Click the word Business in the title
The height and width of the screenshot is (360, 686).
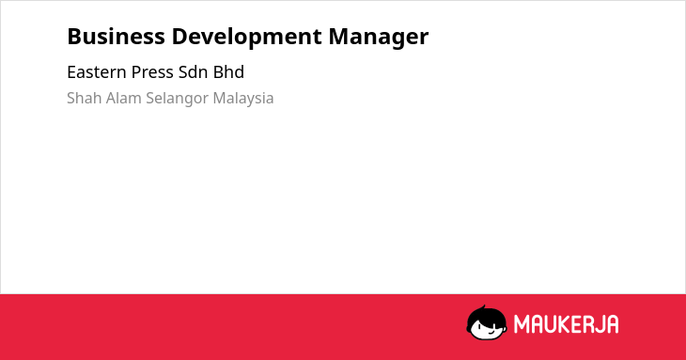pos(116,37)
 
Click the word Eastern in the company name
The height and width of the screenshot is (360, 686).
pos(96,72)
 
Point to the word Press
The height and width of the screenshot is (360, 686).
pos(152,72)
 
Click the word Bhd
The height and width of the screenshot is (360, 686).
pos(228,72)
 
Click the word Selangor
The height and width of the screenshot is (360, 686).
pos(178,99)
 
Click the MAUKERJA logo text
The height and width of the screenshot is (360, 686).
pos(566,324)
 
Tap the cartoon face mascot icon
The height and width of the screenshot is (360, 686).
pos(487,323)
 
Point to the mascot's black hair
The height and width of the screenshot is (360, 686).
pos(486,316)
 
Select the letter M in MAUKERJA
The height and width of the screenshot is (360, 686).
pos(522,324)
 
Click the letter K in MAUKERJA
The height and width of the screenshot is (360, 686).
pos(565,324)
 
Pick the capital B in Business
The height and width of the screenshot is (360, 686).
pos(74,37)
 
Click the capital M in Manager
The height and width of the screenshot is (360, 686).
pos(339,37)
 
